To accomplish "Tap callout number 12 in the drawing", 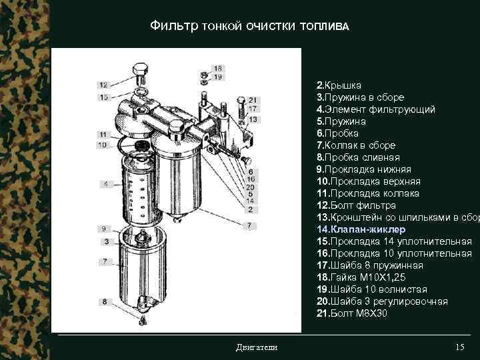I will tap(103, 85).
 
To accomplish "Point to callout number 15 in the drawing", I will tap(103, 97).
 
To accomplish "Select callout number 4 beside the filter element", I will tap(105, 183).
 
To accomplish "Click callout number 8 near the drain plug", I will tap(105, 302).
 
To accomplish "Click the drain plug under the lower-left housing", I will tap(143, 321).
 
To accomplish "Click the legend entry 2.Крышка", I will tap(339, 85).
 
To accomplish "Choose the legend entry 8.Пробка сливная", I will tap(358, 157).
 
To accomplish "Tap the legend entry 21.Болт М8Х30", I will tap(351, 313).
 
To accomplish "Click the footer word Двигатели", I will tap(257, 347).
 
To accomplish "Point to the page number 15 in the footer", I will tap(459, 347).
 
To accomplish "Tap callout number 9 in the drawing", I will tap(105, 229).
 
